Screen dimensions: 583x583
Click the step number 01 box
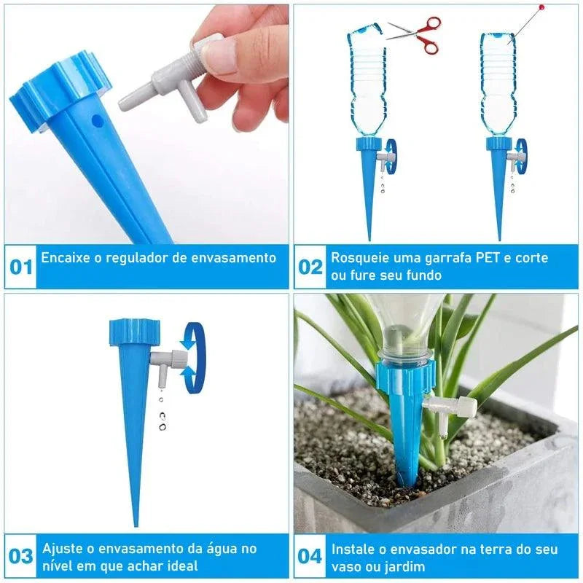click(21, 267)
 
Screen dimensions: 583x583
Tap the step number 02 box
click(310, 267)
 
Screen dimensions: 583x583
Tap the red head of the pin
click(541, 7)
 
